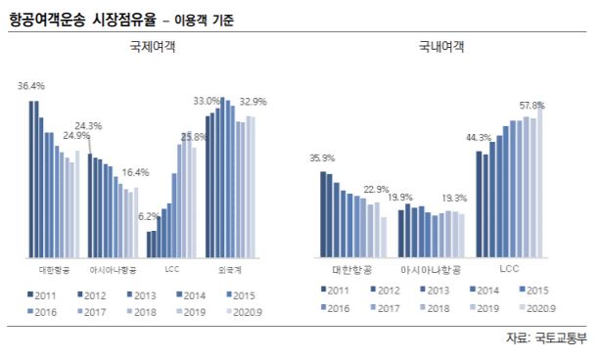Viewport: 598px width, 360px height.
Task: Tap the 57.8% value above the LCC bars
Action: point(532,104)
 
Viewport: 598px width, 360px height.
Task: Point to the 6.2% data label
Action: point(150,215)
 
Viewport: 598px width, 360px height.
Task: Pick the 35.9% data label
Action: point(322,158)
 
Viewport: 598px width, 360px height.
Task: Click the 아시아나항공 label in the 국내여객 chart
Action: point(432,267)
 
